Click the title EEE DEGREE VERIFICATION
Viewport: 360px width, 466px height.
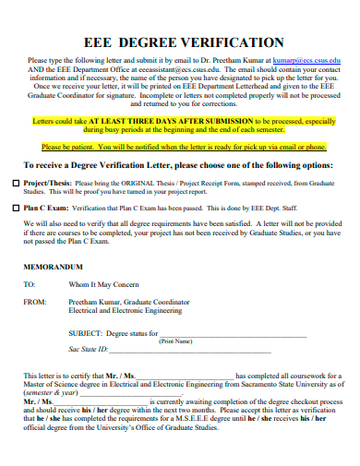[x=184, y=42]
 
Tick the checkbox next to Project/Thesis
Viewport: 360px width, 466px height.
[x=16, y=184]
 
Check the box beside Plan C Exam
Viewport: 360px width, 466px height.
[x=16, y=209]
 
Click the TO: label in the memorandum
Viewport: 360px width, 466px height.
[x=29, y=285]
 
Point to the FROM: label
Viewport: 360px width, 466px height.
[x=33, y=302]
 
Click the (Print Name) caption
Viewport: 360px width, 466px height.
[x=200, y=341]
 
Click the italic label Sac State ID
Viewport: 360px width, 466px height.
[x=90, y=350]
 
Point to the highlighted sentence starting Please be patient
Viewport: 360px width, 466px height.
[x=184, y=147]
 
